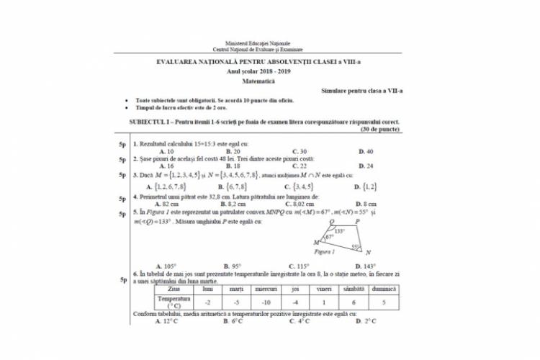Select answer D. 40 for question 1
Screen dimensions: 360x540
pos(365,152)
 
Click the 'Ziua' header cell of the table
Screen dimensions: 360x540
pos(174,289)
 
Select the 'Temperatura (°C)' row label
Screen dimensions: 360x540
pos(174,302)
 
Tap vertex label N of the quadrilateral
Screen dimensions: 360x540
pos(367,253)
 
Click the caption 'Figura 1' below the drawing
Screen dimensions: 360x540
pos(325,253)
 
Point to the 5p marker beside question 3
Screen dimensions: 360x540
pos(123,175)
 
